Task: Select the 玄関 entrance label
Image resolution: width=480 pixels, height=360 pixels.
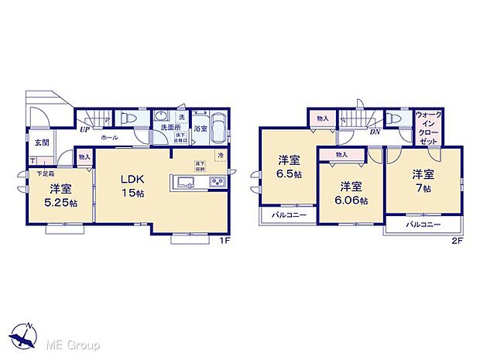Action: click(40, 142)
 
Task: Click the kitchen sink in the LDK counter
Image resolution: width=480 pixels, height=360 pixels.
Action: click(187, 183)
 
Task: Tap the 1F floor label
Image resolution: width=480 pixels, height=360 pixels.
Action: click(225, 242)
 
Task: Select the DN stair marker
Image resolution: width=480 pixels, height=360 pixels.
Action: click(375, 132)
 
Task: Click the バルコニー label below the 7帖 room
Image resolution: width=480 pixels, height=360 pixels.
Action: click(422, 225)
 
